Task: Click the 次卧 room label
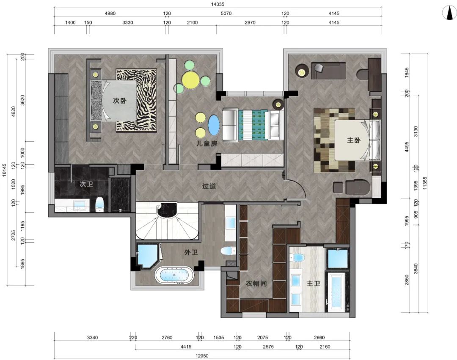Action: [x=120, y=101]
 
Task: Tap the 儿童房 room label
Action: [x=206, y=143]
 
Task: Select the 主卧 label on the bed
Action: [x=353, y=140]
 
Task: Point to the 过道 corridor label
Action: [x=209, y=186]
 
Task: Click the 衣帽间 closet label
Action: [x=256, y=283]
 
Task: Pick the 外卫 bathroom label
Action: [x=191, y=252]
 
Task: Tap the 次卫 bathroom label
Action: [x=86, y=184]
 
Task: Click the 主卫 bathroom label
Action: [x=313, y=283]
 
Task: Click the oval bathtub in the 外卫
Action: [x=174, y=275]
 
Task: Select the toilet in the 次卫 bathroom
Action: [x=100, y=204]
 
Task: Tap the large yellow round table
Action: [x=190, y=80]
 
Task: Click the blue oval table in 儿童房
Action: [x=214, y=125]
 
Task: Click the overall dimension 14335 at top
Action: [x=217, y=4]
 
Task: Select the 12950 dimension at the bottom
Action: [x=202, y=356]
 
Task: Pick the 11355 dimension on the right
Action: [x=425, y=183]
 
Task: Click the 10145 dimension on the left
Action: [x=4, y=170]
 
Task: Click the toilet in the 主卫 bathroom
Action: [x=298, y=258]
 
